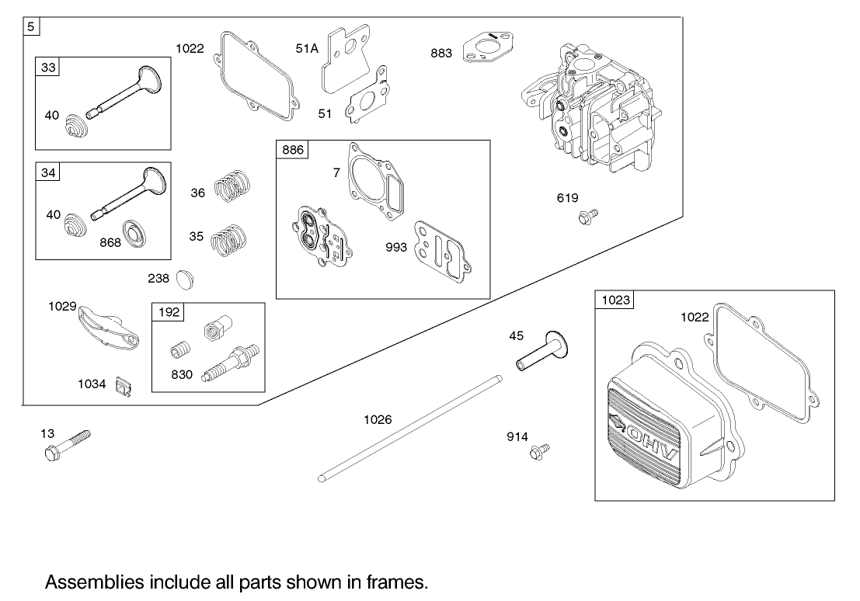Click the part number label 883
[x=441, y=53]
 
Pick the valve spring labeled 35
[x=229, y=237]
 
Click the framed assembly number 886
[x=293, y=150]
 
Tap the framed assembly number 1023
[x=615, y=300]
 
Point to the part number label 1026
[x=378, y=419]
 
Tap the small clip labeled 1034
[x=121, y=386]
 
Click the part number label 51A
[x=307, y=48]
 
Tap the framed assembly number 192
[x=169, y=312]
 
